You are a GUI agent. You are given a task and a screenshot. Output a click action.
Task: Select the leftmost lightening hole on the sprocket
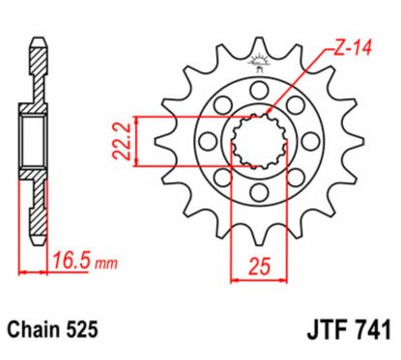coord(205,143)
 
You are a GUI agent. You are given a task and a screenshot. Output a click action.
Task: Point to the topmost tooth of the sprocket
coord(259,45)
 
